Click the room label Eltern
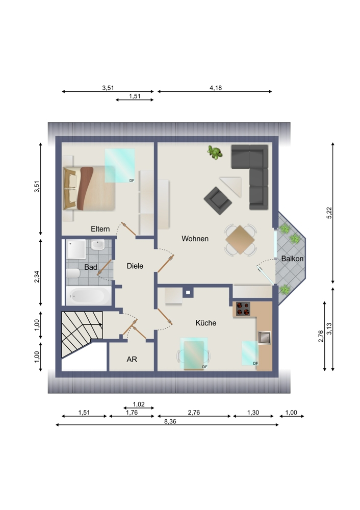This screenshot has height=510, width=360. [x=100, y=229]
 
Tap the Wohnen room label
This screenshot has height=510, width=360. [x=195, y=238]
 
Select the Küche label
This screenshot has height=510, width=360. [x=206, y=323]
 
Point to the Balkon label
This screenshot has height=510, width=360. [x=293, y=259]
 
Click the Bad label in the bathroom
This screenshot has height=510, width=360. [x=91, y=267]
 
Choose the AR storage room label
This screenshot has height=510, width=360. [x=132, y=359]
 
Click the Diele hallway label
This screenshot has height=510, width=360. [x=135, y=266]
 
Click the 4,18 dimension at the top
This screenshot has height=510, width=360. [x=215, y=88]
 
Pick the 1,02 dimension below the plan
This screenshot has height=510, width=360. [x=139, y=404]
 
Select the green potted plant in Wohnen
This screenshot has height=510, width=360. [x=215, y=152]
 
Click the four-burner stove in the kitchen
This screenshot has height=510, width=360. [x=242, y=309]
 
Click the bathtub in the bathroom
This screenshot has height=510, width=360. [x=87, y=295]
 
